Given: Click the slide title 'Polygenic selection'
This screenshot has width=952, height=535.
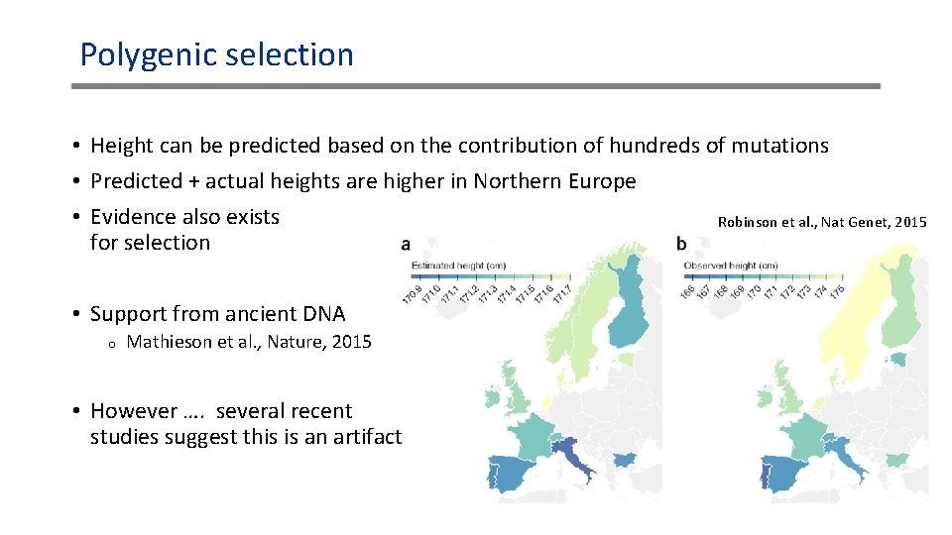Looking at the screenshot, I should (216, 54).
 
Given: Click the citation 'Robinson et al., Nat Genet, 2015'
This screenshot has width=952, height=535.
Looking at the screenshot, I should (821, 222).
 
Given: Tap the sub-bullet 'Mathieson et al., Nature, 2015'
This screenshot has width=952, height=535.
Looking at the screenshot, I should (249, 342).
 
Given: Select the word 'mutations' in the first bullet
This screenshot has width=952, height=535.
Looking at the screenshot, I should (779, 146).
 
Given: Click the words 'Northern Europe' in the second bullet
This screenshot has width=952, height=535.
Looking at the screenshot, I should (554, 181).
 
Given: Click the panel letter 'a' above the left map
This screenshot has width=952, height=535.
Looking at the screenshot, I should (407, 243).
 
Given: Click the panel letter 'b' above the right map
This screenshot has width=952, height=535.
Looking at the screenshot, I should (681, 243).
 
